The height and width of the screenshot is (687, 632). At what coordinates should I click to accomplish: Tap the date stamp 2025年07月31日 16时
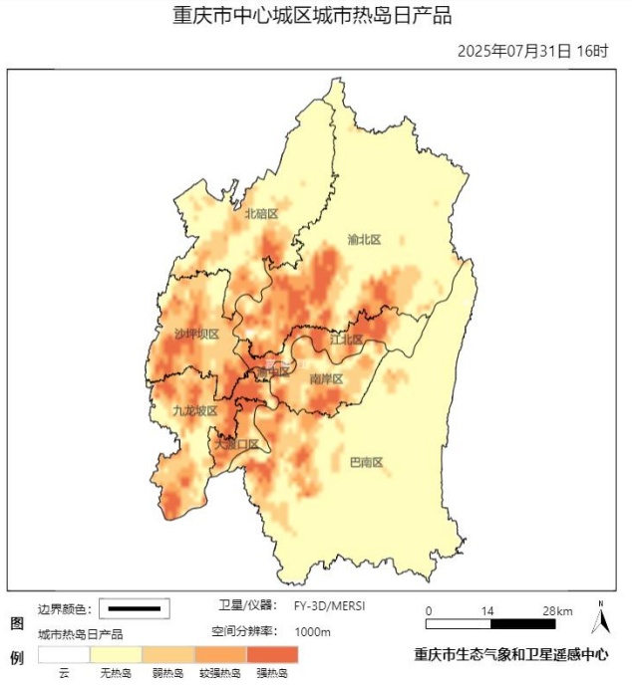(x=532, y=51)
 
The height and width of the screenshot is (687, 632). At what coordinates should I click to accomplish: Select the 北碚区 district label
(x=261, y=214)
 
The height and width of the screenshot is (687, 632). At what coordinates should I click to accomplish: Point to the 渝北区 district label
(x=364, y=240)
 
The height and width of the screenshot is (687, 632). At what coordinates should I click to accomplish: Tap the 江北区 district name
(x=346, y=340)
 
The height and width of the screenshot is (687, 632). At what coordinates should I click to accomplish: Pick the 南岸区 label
(x=326, y=379)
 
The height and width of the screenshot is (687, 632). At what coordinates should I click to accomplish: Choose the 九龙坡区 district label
(x=194, y=410)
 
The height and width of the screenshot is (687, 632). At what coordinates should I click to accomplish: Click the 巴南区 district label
(x=366, y=462)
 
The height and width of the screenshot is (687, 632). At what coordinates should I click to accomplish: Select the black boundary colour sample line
(x=134, y=608)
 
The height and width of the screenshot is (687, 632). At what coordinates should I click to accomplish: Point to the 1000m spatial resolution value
(x=312, y=632)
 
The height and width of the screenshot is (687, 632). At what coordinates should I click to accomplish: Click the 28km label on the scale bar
(x=557, y=610)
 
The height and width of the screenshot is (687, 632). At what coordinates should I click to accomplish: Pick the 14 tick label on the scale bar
(x=488, y=610)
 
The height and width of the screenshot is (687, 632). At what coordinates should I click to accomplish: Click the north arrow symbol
(x=600, y=619)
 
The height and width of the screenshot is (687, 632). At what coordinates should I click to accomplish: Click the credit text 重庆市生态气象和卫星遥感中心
(x=510, y=655)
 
